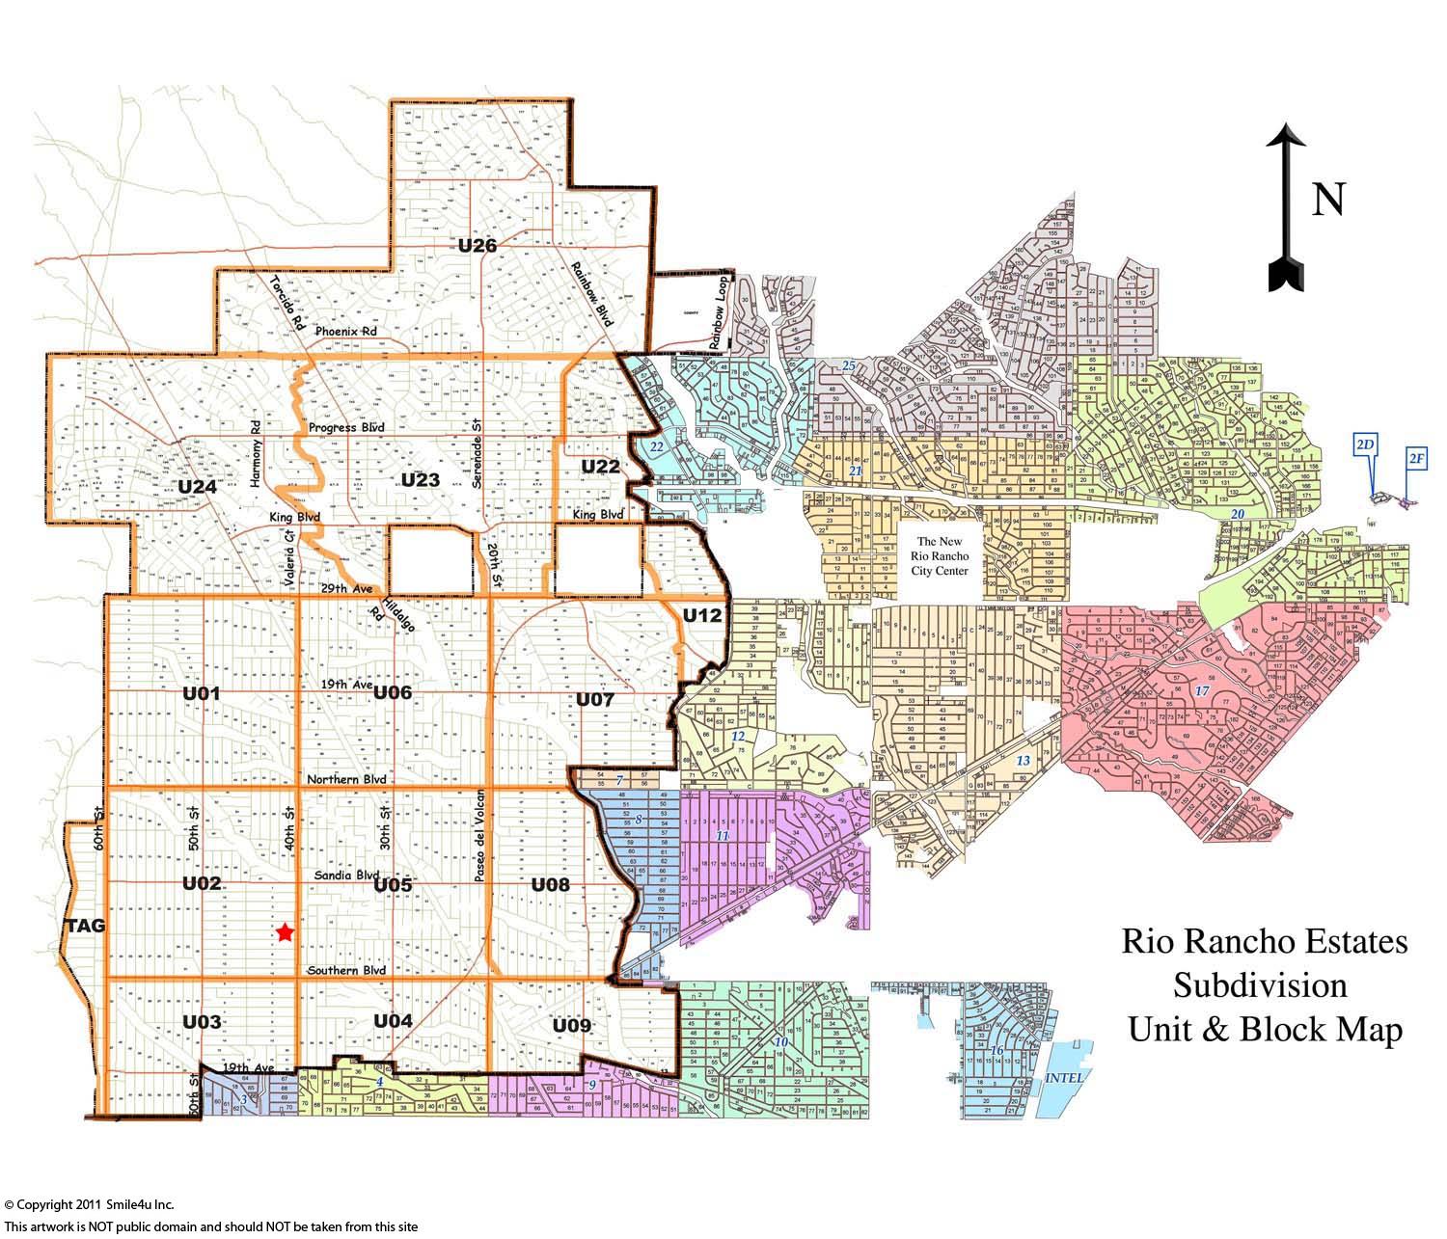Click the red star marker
click(x=284, y=932)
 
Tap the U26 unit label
click(x=478, y=246)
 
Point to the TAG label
click(x=85, y=927)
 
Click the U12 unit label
click(x=702, y=615)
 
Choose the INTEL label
click(x=1065, y=1077)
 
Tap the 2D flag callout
click(x=1365, y=444)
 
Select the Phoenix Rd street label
click(x=345, y=332)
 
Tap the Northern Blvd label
click(x=346, y=779)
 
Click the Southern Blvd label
click(x=346, y=970)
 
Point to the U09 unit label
click(x=572, y=1026)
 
